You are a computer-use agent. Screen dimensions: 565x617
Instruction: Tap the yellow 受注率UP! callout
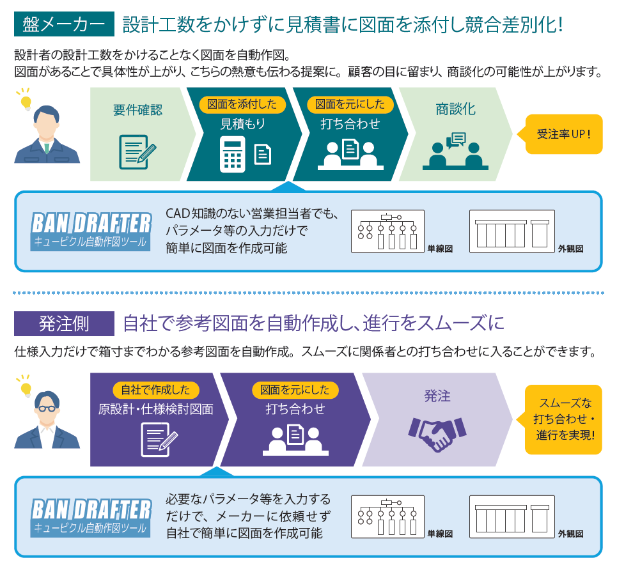point(563,134)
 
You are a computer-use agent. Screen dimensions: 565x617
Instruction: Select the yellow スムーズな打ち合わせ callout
point(563,419)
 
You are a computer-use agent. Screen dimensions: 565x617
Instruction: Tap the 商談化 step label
point(455,109)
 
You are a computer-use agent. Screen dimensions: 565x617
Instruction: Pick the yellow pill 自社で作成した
point(156,389)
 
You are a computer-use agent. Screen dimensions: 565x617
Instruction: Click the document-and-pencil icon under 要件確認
point(138,150)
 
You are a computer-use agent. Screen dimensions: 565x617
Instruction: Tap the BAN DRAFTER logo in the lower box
point(91,516)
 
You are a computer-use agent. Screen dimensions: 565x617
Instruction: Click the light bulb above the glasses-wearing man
point(26,388)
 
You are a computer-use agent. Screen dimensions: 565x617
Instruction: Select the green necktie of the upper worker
point(47,148)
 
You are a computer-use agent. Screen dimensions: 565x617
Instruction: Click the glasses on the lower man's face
point(47,409)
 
